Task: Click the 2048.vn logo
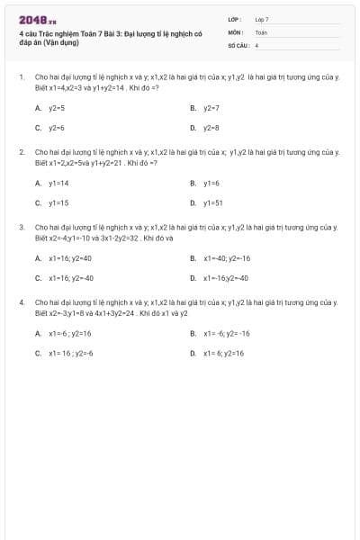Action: pos(38,20)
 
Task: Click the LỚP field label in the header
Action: pos(235,19)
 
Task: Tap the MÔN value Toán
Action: pos(261,31)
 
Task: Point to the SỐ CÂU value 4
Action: pos(257,44)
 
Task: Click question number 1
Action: pos(21,77)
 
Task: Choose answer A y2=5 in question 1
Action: pos(56,107)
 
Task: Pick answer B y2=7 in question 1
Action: pos(211,107)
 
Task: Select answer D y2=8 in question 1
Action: pos(211,128)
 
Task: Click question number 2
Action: pos(21,152)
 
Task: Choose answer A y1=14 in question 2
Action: pos(58,183)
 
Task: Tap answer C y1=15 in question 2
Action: pos(58,203)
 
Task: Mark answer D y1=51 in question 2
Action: pos(212,203)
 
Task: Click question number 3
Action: pos(21,227)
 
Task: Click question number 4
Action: pos(21,302)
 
